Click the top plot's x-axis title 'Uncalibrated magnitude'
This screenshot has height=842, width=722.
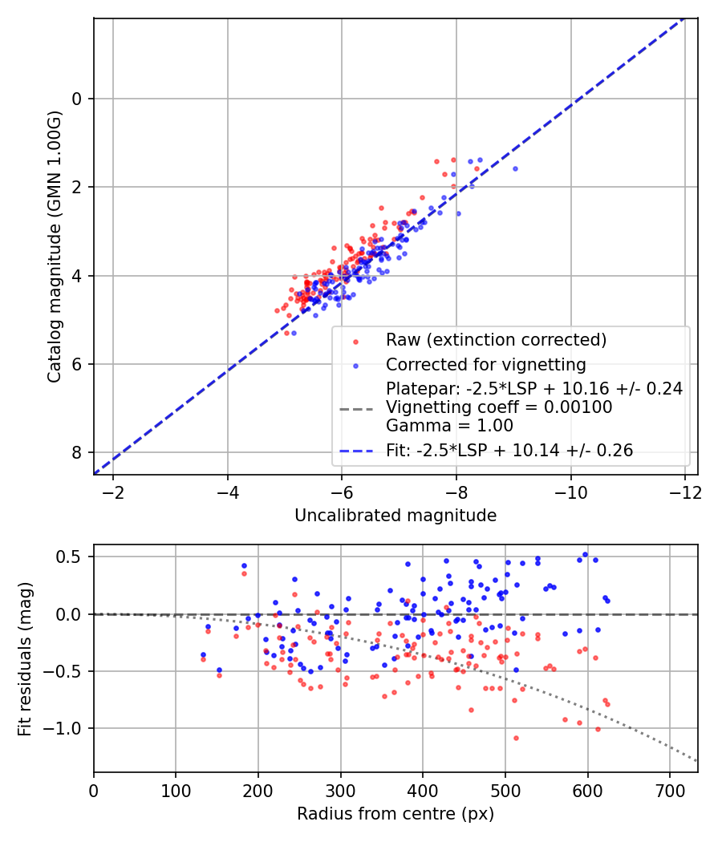pos(395,515)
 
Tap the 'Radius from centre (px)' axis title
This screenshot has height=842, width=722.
pos(395,814)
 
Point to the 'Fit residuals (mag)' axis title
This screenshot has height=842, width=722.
pos(25,658)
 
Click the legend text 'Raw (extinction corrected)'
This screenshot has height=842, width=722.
pos(496,339)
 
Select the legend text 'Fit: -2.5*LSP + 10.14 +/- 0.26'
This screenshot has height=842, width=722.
pos(509,451)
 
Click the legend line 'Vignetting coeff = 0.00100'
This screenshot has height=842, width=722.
pos(499,407)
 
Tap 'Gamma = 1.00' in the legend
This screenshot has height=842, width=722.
pos(449,426)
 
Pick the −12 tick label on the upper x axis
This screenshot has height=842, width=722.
pos(684,490)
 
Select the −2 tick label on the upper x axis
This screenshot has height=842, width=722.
pos(112,490)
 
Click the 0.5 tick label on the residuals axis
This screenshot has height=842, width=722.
pos(73,557)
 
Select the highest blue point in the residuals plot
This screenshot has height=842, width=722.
pos(585,554)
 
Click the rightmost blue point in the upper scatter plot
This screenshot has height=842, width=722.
pos(515,168)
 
